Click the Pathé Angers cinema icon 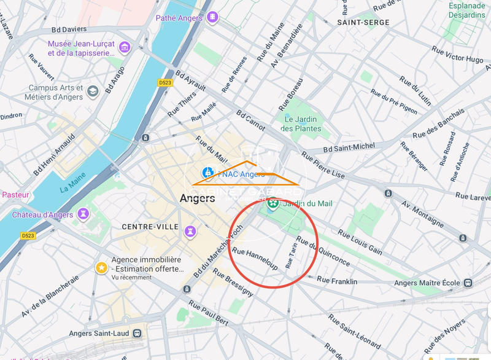212,18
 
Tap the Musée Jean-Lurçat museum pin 125,47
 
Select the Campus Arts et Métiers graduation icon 93,92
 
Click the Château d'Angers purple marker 84,214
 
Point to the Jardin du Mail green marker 273,203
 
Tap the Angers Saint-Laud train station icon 136,332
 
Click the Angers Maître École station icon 468,283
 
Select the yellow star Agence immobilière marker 101,268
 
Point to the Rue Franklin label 336,281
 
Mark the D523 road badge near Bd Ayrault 164,82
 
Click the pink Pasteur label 15,195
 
